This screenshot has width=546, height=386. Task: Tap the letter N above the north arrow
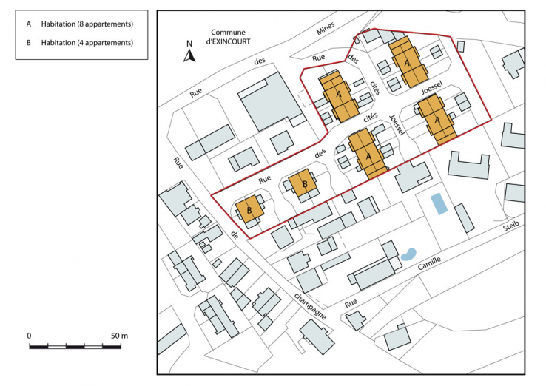[x=190, y=44]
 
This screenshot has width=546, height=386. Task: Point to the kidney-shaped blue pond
[x=408, y=254]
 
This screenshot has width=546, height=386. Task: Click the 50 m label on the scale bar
[x=119, y=336]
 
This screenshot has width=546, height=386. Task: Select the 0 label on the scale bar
[x=30, y=336]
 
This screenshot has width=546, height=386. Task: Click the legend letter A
[x=28, y=24]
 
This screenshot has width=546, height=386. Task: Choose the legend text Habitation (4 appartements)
[x=87, y=42]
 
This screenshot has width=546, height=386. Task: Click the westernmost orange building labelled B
[x=250, y=210]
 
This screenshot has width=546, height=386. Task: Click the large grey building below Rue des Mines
[x=267, y=101]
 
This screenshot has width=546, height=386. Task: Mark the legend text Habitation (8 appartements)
[x=87, y=24]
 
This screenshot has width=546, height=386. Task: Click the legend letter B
[x=28, y=42]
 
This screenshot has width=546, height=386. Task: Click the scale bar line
[x=74, y=346]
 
